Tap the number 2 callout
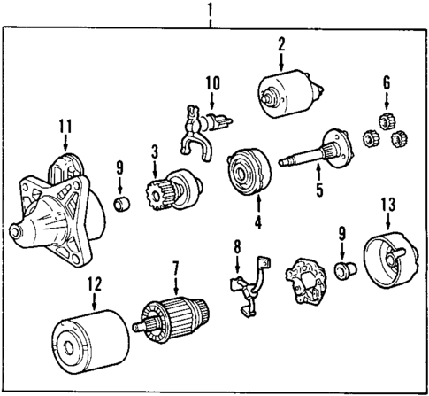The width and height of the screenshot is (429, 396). point(280,44)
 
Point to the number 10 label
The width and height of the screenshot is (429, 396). point(211,83)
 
